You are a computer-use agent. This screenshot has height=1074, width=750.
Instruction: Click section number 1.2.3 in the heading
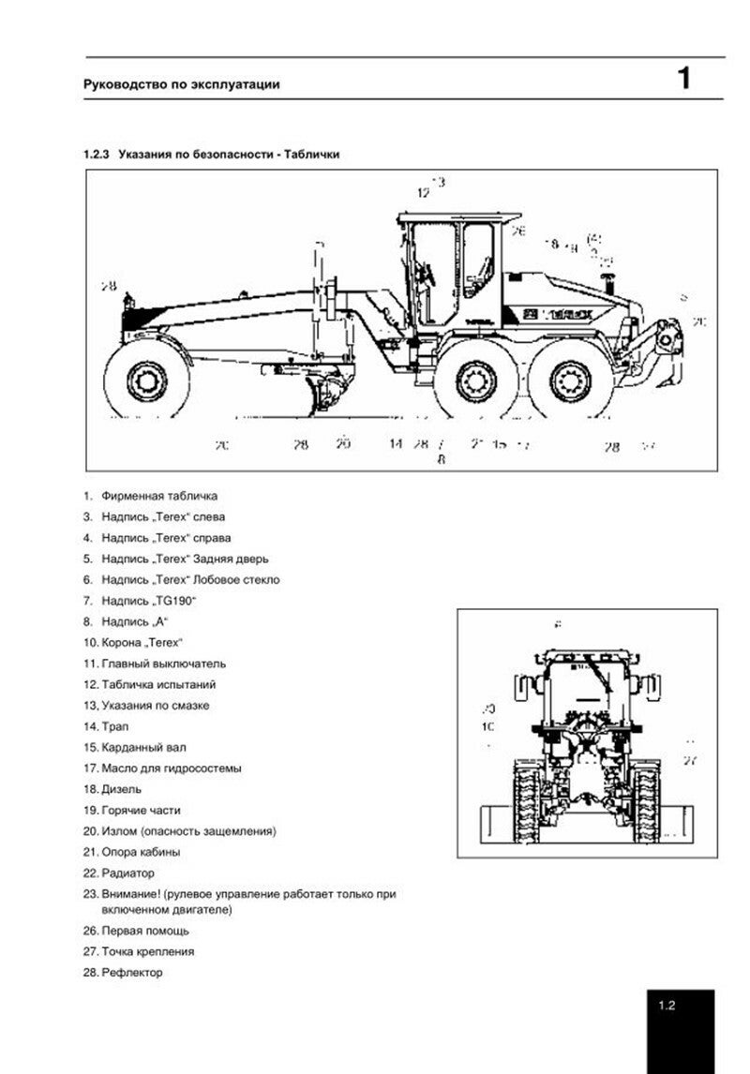click(x=97, y=155)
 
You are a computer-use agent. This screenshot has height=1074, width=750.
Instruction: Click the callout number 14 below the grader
click(x=396, y=444)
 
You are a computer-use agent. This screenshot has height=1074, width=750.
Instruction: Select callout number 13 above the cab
click(x=438, y=181)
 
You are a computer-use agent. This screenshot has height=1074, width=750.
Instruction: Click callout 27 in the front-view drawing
click(x=690, y=760)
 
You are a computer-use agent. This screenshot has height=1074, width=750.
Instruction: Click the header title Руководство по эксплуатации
click(x=181, y=84)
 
